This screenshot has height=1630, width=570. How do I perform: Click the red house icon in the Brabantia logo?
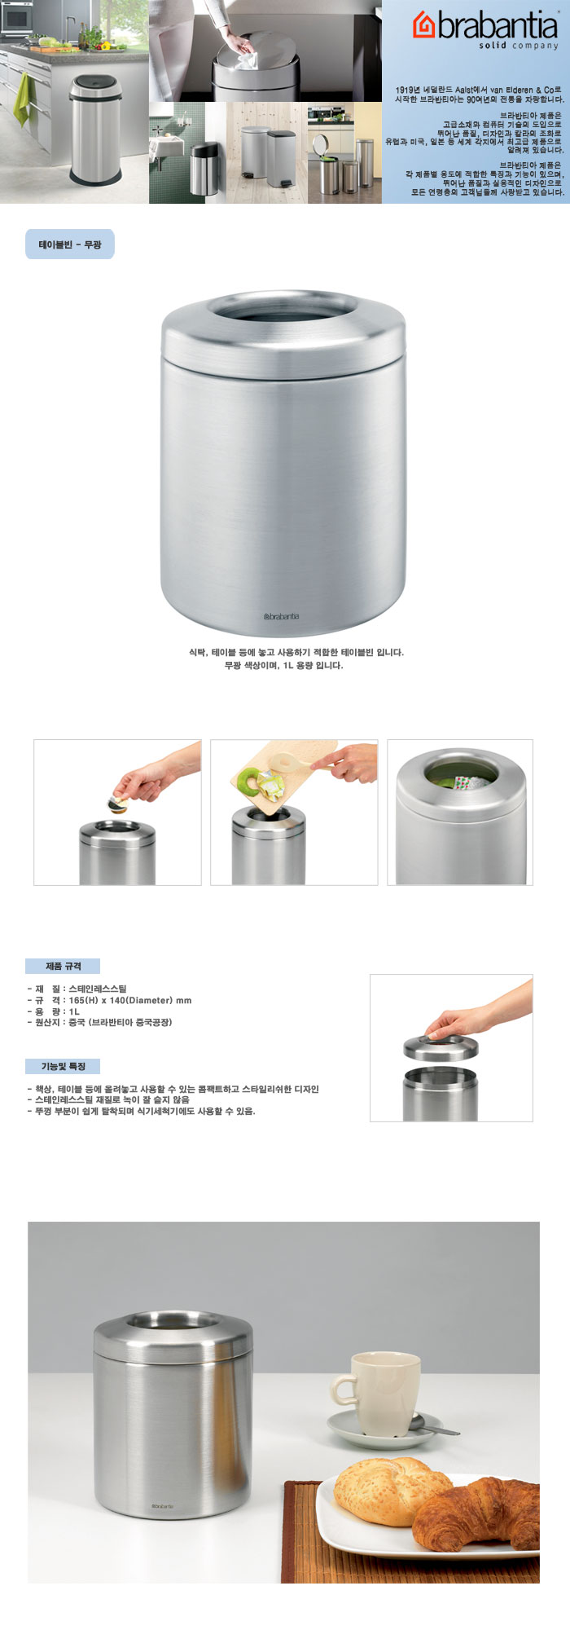(424, 25)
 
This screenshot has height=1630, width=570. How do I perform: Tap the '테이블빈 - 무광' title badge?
(70, 244)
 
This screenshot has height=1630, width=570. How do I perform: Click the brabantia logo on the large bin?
(282, 616)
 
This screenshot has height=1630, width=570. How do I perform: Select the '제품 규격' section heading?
(63, 966)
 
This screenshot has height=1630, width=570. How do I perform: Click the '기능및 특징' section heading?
(63, 1066)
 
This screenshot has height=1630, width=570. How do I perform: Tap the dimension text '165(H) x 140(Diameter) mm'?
(130, 1000)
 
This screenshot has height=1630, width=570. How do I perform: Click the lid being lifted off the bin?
(441, 1047)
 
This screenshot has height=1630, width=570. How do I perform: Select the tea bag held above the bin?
(118, 804)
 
